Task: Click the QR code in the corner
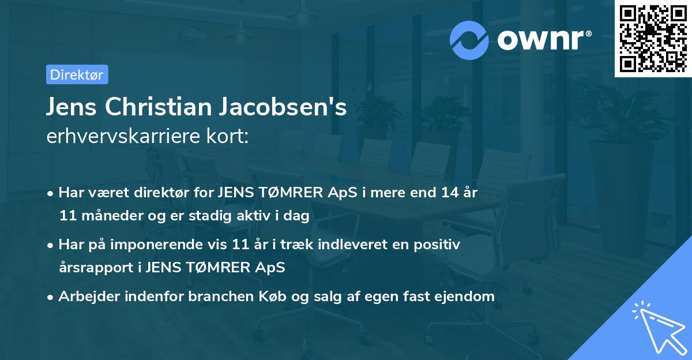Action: click(653, 39)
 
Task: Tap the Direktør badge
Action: click(77, 74)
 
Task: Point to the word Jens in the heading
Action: click(72, 107)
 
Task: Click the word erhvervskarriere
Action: click(126, 136)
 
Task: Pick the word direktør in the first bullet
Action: click(167, 192)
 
